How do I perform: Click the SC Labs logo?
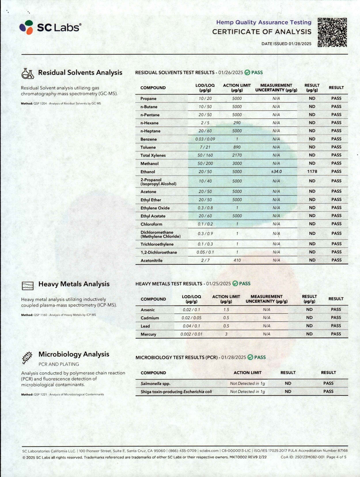click(50, 27)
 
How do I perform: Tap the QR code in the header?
click(332, 32)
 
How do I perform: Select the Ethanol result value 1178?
click(312, 171)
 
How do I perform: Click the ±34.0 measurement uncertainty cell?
click(276, 171)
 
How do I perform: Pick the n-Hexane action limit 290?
click(237, 123)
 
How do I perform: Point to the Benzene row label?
click(149, 139)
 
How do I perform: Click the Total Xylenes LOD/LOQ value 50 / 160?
click(205, 155)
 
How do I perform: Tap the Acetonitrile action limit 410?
click(237, 260)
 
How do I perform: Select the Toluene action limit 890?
click(237, 147)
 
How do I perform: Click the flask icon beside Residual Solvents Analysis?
click(28, 73)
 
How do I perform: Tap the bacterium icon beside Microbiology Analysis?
click(27, 357)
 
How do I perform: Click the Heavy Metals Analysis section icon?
click(28, 285)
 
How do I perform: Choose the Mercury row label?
click(148, 334)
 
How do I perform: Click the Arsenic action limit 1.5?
click(226, 310)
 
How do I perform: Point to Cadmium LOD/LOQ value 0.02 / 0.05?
click(192, 318)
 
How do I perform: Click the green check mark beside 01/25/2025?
click(235, 283)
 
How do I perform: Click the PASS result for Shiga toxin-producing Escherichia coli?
click(328, 391)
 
